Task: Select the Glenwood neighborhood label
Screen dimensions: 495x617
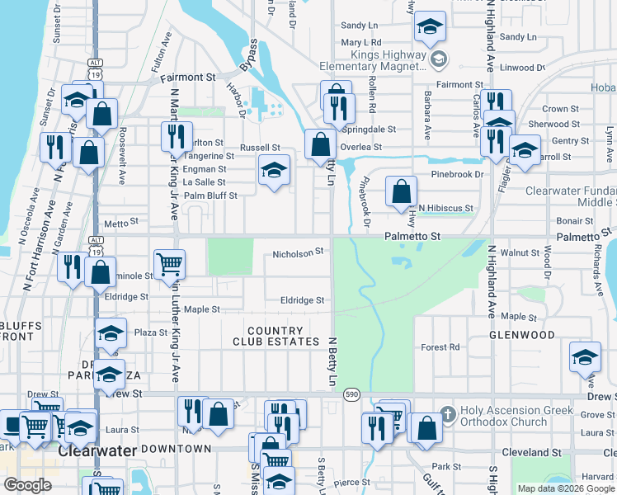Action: point(521,335)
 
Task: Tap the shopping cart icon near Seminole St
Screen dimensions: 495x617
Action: point(170,264)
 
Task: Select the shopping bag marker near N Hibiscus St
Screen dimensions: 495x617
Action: point(400,192)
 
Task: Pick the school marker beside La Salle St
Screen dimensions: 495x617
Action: point(275,171)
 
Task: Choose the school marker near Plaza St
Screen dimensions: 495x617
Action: point(111,334)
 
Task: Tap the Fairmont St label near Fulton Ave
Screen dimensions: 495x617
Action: point(187,78)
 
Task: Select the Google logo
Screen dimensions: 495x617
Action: point(27,485)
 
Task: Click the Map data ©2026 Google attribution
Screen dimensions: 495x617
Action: point(565,488)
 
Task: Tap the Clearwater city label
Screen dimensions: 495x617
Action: point(91,452)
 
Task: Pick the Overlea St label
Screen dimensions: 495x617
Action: point(362,147)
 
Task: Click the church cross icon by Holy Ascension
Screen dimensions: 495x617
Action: point(447,412)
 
